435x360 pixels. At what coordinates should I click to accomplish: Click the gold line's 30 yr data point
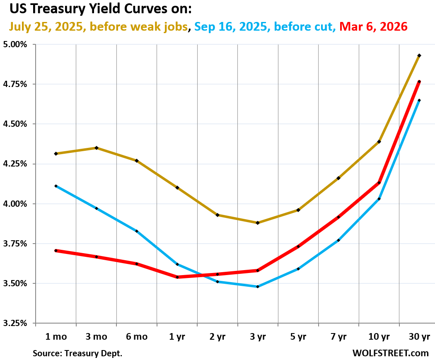coord(419,56)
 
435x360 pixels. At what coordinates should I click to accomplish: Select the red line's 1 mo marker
coord(56,251)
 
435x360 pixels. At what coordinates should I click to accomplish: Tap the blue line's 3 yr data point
coord(258,287)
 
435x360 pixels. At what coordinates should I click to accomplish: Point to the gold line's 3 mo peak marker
coord(97,148)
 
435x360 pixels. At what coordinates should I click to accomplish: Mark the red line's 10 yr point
coord(379,183)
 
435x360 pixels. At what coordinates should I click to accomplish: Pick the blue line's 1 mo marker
coord(56,186)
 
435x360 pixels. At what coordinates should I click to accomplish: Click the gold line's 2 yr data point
coord(217,215)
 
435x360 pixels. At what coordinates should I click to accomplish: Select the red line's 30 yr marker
coord(419,82)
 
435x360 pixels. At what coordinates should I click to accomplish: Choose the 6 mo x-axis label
coord(137,337)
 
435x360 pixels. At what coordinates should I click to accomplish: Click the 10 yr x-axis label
coord(379,337)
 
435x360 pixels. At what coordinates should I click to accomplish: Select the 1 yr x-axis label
coord(177,337)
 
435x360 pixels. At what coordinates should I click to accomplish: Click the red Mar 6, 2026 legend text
coord(373,27)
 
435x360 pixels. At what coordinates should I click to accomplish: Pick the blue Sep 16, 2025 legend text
coord(264,27)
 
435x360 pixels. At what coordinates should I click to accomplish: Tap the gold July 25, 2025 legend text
coord(98,27)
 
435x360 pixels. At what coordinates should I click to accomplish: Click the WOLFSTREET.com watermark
coord(390,353)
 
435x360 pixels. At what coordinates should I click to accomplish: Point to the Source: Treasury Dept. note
coord(77,353)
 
